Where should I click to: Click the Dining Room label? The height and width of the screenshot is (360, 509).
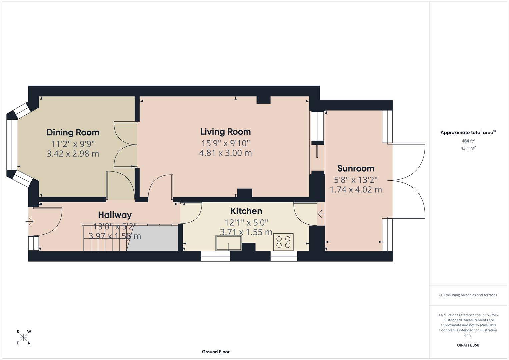pos(73,132)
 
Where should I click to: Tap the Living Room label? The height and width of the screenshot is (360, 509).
pos(225,132)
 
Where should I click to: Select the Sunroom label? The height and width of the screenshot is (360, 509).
pos(356,168)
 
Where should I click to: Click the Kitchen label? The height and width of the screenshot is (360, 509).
pos(246,211)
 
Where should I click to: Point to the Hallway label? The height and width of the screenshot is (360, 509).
pos(115,215)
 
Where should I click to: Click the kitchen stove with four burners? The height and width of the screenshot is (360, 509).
pos(283,242)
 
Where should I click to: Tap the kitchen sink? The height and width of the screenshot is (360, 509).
pos(229,243)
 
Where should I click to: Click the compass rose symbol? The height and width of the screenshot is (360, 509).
pos(23,337)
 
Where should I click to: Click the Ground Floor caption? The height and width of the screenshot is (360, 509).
pos(216,352)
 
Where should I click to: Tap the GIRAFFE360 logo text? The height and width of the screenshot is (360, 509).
pos(468,345)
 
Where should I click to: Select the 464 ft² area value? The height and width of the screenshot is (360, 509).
pos(468,141)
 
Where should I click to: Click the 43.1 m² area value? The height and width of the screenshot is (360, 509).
pos(468,148)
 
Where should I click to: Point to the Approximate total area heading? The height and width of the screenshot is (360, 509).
pos(468,132)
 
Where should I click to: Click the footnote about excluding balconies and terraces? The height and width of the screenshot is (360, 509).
pos(468,295)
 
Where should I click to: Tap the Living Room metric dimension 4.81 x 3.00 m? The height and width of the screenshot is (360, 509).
pos(225,153)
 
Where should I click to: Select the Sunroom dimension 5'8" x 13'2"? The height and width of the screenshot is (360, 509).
pos(356,180)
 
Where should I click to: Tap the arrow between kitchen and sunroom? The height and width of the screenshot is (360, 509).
pos(321,213)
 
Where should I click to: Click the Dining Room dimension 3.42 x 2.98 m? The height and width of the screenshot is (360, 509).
pos(73,154)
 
